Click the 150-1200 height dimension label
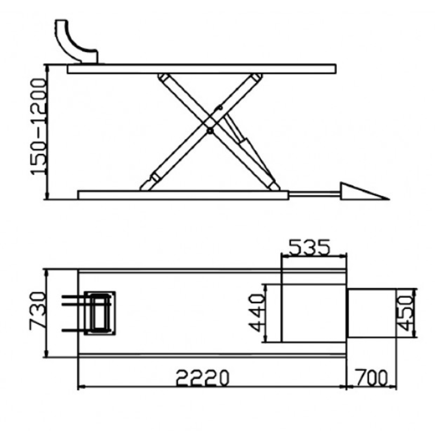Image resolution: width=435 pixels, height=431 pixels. [38, 127]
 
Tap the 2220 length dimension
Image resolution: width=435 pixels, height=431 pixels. [203, 377]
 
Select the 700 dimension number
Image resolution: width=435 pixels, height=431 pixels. [372, 378]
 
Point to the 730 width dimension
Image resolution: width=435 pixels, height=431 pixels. [38, 311]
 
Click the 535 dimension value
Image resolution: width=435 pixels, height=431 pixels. [309, 247]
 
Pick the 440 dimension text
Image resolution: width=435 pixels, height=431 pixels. [256, 313]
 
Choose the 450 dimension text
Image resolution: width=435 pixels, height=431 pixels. [407, 313]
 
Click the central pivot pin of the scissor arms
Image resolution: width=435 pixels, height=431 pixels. [210, 131]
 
